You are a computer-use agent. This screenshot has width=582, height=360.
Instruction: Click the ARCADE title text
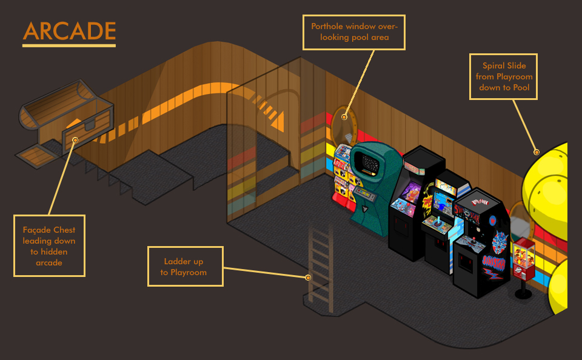(x=69, y=32)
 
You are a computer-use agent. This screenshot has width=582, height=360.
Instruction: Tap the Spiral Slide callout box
(x=504, y=76)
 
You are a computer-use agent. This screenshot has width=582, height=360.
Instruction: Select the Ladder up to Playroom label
(x=184, y=267)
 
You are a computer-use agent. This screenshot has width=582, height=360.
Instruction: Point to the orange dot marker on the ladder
(x=309, y=278)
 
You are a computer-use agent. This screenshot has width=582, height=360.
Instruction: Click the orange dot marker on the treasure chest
(x=75, y=140)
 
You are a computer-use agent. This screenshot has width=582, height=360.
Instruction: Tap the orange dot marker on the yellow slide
(x=536, y=152)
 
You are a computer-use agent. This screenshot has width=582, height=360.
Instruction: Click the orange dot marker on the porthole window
(x=344, y=117)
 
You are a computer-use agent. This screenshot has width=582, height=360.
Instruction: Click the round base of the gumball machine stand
(x=523, y=295)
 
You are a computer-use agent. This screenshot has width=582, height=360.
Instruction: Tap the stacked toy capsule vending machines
(x=343, y=173)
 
